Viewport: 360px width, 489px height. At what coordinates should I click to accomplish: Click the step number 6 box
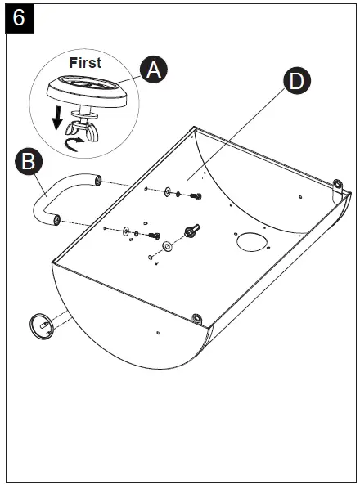pyautogui.click(x=20, y=18)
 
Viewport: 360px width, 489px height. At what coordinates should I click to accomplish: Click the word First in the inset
pyautogui.click(x=85, y=63)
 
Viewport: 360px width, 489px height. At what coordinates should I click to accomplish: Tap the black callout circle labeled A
pyautogui.click(x=154, y=70)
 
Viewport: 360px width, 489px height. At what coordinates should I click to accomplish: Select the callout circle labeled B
pyautogui.click(x=29, y=162)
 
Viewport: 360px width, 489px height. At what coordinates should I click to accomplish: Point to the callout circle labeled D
pyautogui.click(x=297, y=80)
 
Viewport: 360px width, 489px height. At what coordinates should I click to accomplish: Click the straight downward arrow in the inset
pyautogui.click(x=57, y=119)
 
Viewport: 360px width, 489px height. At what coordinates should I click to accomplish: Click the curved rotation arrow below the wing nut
pyautogui.click(x=74, y=145)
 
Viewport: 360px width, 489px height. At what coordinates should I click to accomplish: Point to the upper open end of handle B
pyautogui.click(x=98, y=181)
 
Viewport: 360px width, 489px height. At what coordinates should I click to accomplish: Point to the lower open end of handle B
pyautogui.click(x=56, y=220)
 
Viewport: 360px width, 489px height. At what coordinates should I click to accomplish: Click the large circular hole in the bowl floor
pyautogui.click(x=252, y=242)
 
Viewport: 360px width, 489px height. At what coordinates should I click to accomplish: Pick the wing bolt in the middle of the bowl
pyautogui.click(x=191, y=231)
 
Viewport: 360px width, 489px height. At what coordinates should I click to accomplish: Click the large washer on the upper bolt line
pyautogui.click(x=168, y=192)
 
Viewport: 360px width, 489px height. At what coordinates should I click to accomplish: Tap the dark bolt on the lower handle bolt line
pyautogui.click(x=155, y=236)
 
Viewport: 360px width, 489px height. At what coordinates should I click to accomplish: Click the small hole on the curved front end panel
pyautogui.click(x=158, y=333)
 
